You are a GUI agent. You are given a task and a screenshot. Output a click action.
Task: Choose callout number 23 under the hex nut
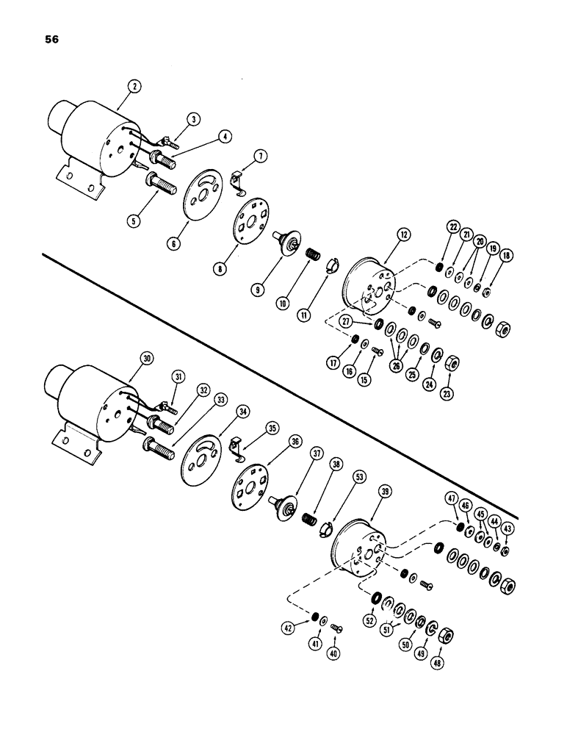pyautogui.click(x=447, y=392)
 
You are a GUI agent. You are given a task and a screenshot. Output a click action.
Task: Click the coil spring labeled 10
pyautogui.click(x=311, y=262)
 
